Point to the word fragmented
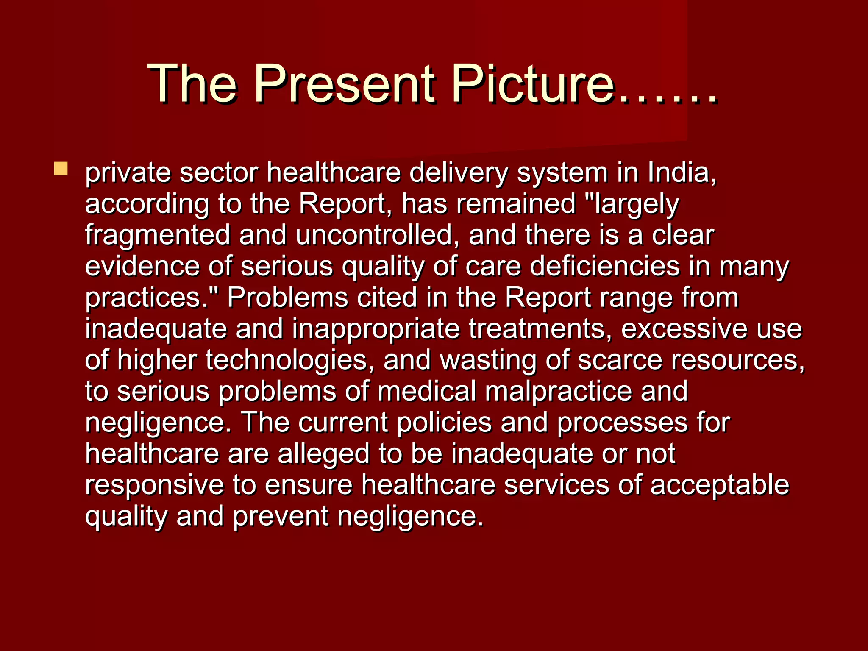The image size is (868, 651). [157, 235]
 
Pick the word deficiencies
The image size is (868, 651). [604, 267]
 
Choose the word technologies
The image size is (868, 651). [289, 360]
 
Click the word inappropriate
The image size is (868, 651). [376, 329]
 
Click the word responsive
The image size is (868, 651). [154, 485]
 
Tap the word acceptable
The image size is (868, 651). [720, 485]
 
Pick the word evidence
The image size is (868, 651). [142, 267]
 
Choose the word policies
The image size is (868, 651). [444, 423]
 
